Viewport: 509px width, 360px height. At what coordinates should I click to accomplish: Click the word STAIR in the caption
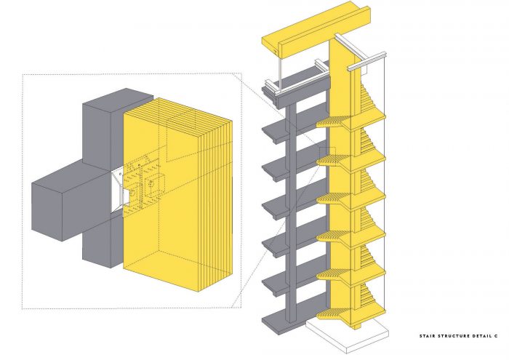(427, 336)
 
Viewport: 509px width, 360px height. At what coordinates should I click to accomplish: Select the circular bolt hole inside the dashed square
(151, 184)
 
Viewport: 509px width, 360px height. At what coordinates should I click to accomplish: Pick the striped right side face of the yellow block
(215, 204)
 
